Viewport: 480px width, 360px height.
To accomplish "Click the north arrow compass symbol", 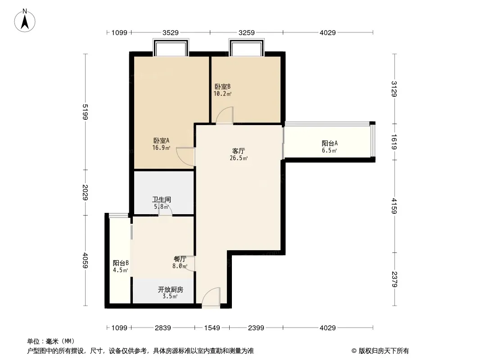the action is click(x=25, y=20).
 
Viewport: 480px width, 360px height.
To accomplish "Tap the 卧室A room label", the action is click(x=161, y=141).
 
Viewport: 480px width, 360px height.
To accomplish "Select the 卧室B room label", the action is click(x=222, y=86).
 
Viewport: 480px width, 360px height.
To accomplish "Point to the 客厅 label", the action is click(x=239, y=151).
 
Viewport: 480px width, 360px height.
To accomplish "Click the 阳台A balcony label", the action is click(x=330, y=143).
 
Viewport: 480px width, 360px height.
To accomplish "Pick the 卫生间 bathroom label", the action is click(x=162, y=200).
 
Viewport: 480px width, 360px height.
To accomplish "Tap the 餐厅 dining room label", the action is click(x=180, y=259).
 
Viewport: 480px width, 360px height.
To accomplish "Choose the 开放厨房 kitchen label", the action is click(x=171, y=289).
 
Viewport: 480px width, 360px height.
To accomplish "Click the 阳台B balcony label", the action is click(x=121, y=263).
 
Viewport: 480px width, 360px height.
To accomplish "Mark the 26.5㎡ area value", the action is click(x=239, y=158).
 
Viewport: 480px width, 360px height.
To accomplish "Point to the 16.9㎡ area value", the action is click(x=161, y=148).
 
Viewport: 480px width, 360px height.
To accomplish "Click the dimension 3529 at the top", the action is click(x=171, y=33).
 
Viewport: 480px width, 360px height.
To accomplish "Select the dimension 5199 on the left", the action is click(x=86, y=112).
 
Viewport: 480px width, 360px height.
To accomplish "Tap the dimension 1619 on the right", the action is click(x=394, y=142).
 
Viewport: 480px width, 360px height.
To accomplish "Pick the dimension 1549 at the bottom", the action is click(x=212, y=328).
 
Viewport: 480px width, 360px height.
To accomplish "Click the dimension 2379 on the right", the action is click(x=394, y=279).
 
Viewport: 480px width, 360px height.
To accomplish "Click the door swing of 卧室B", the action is click(x=225, y=115).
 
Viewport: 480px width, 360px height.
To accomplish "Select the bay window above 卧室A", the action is click(x=171, y=47).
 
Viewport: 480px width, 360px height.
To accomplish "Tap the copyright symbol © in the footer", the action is click(x=354, y=351).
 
